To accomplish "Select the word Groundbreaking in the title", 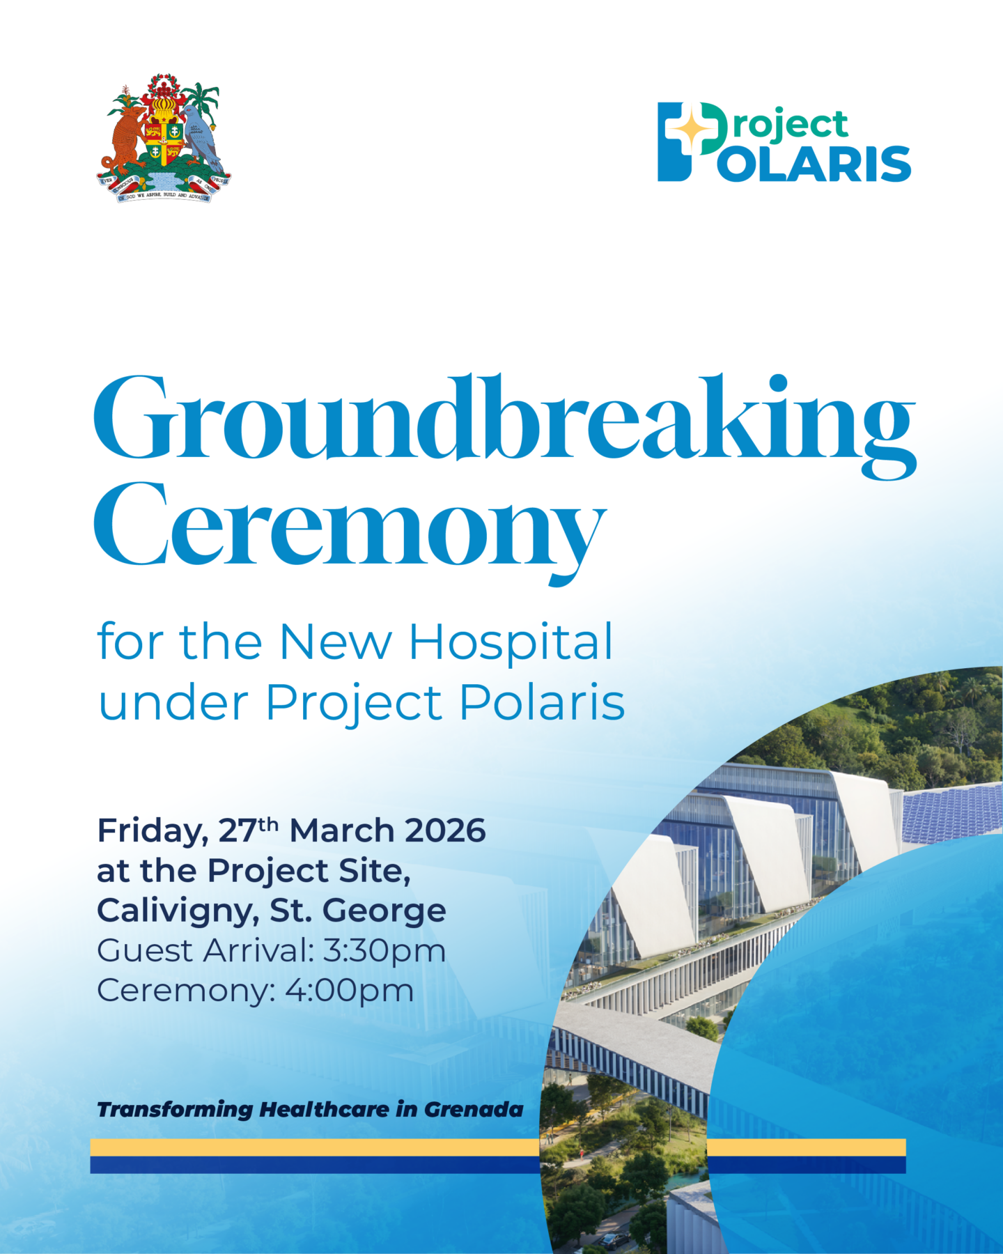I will pos(504,421).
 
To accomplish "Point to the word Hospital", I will pos(510,642).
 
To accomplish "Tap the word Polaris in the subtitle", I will pos(541,702).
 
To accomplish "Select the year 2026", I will pos(445,830).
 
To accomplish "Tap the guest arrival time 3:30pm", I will pos(384,951).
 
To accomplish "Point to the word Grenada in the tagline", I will pos(473,1109).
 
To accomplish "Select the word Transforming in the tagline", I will pos(175,1109).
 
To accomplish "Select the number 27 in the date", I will pos(237,830).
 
